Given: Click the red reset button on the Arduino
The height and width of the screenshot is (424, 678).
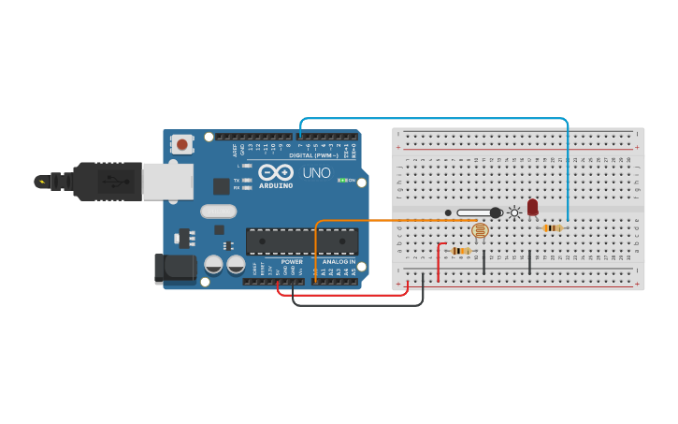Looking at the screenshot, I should click(181, 144).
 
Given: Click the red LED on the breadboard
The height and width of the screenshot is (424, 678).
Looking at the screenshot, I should click(532, 207).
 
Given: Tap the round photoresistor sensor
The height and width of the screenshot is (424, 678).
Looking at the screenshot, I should click(480, 230).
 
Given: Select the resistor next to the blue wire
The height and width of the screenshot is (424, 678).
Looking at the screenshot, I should click(552, 227).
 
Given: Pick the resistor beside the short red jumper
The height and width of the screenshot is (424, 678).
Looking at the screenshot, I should click(460, 251).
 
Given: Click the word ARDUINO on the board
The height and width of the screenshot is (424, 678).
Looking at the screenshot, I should click(276, 185).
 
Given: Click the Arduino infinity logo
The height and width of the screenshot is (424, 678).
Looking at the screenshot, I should click(276, 172).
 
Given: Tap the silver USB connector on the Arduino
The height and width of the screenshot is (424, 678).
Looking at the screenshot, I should click(167, 182).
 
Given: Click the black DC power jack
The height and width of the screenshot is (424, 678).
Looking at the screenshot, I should click(175, 269).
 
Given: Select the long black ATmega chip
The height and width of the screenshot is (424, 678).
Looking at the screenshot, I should click(301, 241).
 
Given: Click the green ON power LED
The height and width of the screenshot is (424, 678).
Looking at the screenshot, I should click(342, 180).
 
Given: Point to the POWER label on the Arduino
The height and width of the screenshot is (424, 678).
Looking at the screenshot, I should click(292, 262).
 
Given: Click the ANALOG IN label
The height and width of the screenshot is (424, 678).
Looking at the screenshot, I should click(339, 262).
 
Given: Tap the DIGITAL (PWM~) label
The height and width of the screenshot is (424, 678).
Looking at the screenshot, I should click(313, 155).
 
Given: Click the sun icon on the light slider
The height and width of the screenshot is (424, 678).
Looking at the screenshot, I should click(514, 212).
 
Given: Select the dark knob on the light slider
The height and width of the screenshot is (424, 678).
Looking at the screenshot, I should click(496, 212).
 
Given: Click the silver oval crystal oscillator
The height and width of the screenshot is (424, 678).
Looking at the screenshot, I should click(218, 212).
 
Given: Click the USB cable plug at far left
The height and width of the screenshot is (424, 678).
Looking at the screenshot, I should click(56, 182).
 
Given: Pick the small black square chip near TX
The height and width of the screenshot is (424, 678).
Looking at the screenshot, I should click(222, 186).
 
